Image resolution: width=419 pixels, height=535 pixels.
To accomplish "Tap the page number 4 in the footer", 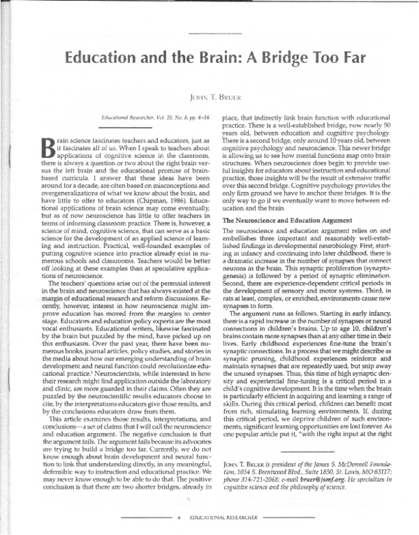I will [x=180, y=518].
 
